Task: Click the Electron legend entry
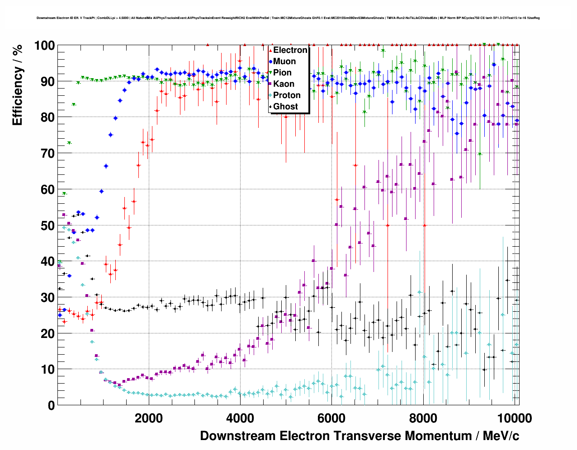(x=290, y=50)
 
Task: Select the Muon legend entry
(x=284, y=61)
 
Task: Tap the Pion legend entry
(x=282, y=73)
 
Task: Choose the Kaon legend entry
(x=284, y=84)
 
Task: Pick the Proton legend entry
(x=287, y=95)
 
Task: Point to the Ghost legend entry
(x=285, y=107)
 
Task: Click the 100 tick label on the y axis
(x=44, y=46)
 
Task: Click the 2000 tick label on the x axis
(x=148, y=418)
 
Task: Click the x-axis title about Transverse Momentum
(x=359, y=436)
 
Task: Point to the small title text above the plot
(x=288, y=18)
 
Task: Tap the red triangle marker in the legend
(x=270, y=50)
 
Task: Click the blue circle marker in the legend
(x=270, y=61)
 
